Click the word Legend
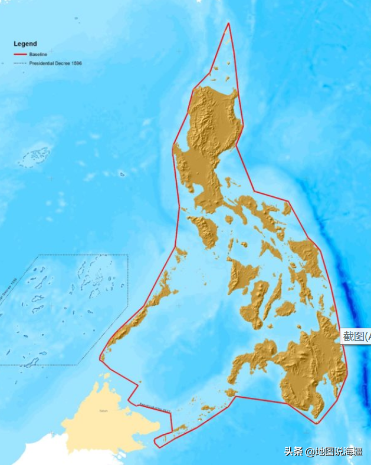pyautogui.click(x=25, y=44)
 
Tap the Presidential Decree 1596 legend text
pyautogui.click(x=55, y=63)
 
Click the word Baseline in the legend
pyautogui.click(x=38, y=54)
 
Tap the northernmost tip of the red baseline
pyautogui.click(x=229, y=24)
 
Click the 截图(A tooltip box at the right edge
pyautogui.click(x=356, y=337)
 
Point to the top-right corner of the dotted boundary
pyautogui.click(x=127, y=255)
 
